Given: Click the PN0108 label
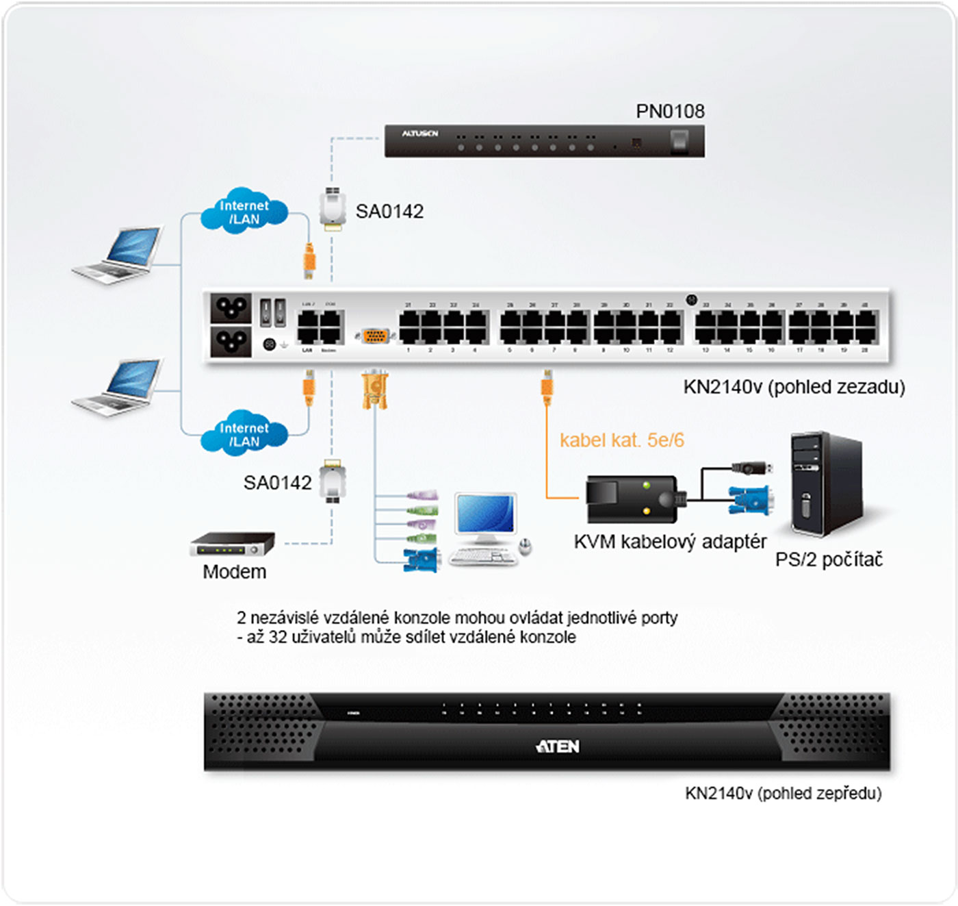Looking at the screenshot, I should coord(670,111).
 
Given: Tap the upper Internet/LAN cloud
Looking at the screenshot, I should coord(244,212).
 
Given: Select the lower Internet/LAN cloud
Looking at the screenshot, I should coord(244,434).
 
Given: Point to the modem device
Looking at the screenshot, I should coord(232,544).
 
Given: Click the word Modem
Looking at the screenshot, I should coord(234,572).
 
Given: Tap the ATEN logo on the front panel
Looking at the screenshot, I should coord(558,746).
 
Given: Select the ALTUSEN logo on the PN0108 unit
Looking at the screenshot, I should coord(419,134).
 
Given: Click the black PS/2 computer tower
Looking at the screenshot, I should coord(825,483).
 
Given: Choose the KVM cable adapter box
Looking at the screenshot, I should coord(631,499).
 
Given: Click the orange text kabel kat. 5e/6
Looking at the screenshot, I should coord(621,440).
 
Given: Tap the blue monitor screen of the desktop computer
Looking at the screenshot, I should coord(486,514).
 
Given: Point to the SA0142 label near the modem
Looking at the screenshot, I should coord(277,483).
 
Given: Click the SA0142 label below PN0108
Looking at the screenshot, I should coord(389,212).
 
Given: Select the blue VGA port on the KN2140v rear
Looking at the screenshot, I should coord(374,336).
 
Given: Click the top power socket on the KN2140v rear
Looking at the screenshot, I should coord(231,309).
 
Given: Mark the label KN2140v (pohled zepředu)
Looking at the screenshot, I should coord(783,793).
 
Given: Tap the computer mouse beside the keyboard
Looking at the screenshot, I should coord(525,546).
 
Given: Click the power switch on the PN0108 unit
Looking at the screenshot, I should coord(679,142).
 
